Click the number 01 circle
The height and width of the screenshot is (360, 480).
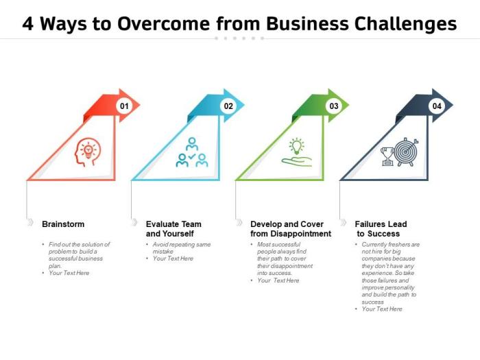click(123, 106)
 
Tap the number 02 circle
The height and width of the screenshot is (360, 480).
click(228, 106)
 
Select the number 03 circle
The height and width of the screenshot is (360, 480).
click(333, 106)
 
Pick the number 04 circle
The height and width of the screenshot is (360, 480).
click(437, 106)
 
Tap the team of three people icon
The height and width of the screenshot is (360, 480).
click(191, 152)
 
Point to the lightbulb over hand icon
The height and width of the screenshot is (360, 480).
click(296, 152)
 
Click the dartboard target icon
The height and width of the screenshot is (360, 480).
click(407, 152)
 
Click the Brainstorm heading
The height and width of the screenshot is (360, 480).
click(63, 224)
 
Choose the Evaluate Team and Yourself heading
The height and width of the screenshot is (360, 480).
click(173, 229)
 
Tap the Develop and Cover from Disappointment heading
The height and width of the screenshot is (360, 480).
click(291, 229)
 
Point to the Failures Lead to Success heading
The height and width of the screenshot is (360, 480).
click(381, 229)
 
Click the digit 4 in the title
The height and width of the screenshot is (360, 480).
click(28, 24)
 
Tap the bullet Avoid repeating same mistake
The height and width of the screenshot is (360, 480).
click(181, 248)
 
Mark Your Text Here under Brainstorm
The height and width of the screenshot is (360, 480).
click(69, 273)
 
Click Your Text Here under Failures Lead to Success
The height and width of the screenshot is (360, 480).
click(382, 309)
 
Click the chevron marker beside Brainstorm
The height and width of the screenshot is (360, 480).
click(29, 224)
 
